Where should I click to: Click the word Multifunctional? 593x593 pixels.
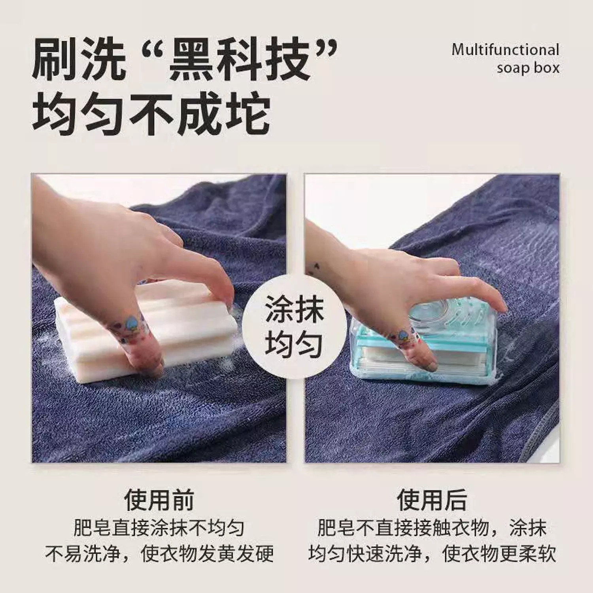[505, 50]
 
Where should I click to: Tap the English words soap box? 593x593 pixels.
[528, 68]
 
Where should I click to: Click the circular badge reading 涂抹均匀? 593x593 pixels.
[294, 327]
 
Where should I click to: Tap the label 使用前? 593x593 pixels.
[159, 500]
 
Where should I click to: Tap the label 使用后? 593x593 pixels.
[432, 500]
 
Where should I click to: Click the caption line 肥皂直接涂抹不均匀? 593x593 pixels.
[159, 528]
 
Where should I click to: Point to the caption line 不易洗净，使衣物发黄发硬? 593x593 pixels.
[159, 553]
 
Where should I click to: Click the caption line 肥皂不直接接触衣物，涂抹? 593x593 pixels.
[432, 528]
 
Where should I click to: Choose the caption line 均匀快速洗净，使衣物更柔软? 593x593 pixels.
[432, 553]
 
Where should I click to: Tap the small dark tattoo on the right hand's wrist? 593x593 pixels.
[315, 269]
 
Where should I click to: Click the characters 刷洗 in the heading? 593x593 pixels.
[79, 60]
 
